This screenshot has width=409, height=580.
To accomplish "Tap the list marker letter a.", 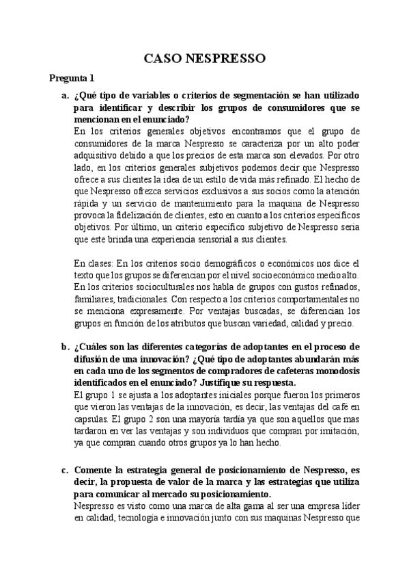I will (x=65, y=95).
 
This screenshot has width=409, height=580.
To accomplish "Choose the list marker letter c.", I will (x=65, y=470).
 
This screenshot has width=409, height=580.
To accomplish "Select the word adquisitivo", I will (x=96, y=155).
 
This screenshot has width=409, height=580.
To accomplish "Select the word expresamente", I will (x=128, y=311).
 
